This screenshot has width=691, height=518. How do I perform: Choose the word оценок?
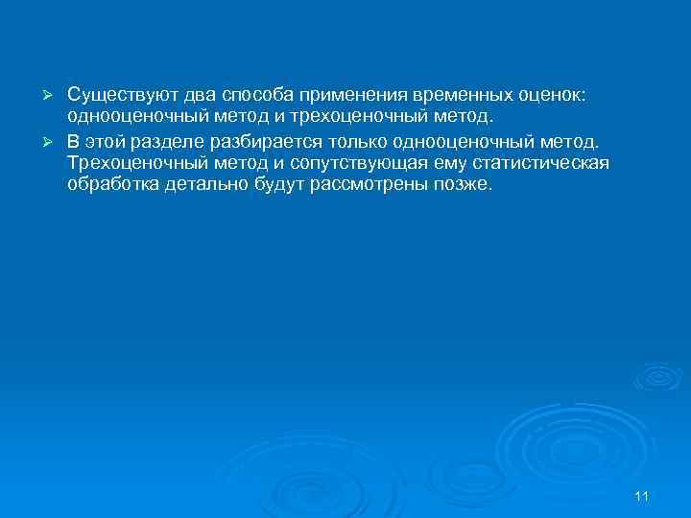(547, 96)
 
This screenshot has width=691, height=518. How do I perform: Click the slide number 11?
(642, 495)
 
